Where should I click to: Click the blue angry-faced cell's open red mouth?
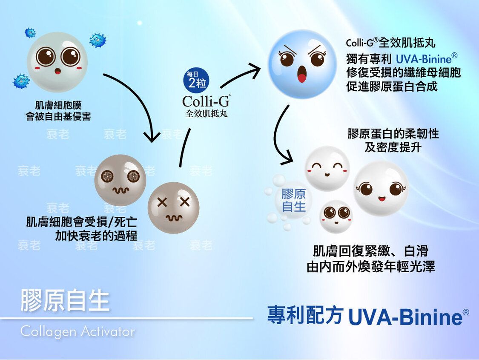click(301, 74)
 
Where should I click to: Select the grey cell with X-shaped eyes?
click(174, 208)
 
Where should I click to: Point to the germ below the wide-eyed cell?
click(21, 81)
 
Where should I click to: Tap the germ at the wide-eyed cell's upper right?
click(98, 40)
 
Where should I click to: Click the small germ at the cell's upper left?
click(30, 33)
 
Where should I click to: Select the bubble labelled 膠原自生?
click(293, 201)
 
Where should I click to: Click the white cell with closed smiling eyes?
click(327, 168)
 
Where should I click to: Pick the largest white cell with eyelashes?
click(381, 188)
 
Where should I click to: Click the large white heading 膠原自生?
click(65, 301)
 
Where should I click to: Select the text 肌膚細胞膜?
click(58, 105)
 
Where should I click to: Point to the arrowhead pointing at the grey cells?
click(152, 137)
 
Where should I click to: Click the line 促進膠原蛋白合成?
click(392, 86)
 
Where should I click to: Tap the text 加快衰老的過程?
click(96, 236)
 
